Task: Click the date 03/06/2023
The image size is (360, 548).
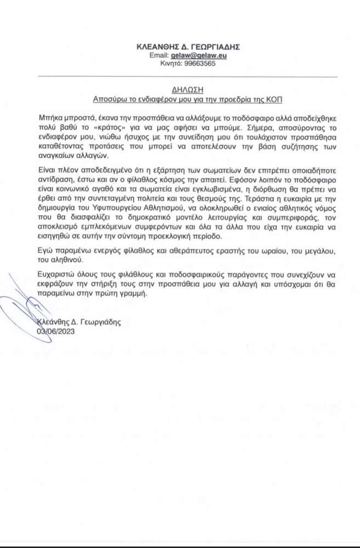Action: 56,331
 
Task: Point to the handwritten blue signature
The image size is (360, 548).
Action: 25,307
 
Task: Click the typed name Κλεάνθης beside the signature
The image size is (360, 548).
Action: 54,322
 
